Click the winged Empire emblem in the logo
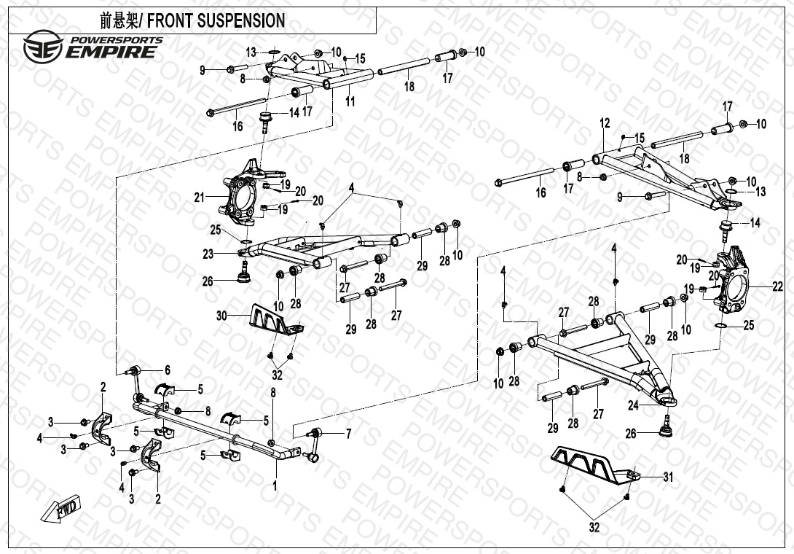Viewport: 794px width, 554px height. pyautogui.click(x=42, y=48)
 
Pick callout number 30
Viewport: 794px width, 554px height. pyautogui.click(x=221, y=316)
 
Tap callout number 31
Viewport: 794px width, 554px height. pyautogui.click(x=668, y=477)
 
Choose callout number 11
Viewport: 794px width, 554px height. pyautogui.click(x=350, y=101)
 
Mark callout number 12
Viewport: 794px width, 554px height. pyautogui.click(x=605, y=124)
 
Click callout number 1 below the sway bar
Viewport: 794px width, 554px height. pyautogui.click(x=275, y=485)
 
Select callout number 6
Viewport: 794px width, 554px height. pyautogui.click(x=167, y=370)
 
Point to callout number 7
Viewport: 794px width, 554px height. pyautogui.click(x=348, y=434)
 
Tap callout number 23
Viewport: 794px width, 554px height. pyautogui.click(x=208, y=254)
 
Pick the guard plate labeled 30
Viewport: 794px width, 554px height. pyautogui.click(x=275, y=320)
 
